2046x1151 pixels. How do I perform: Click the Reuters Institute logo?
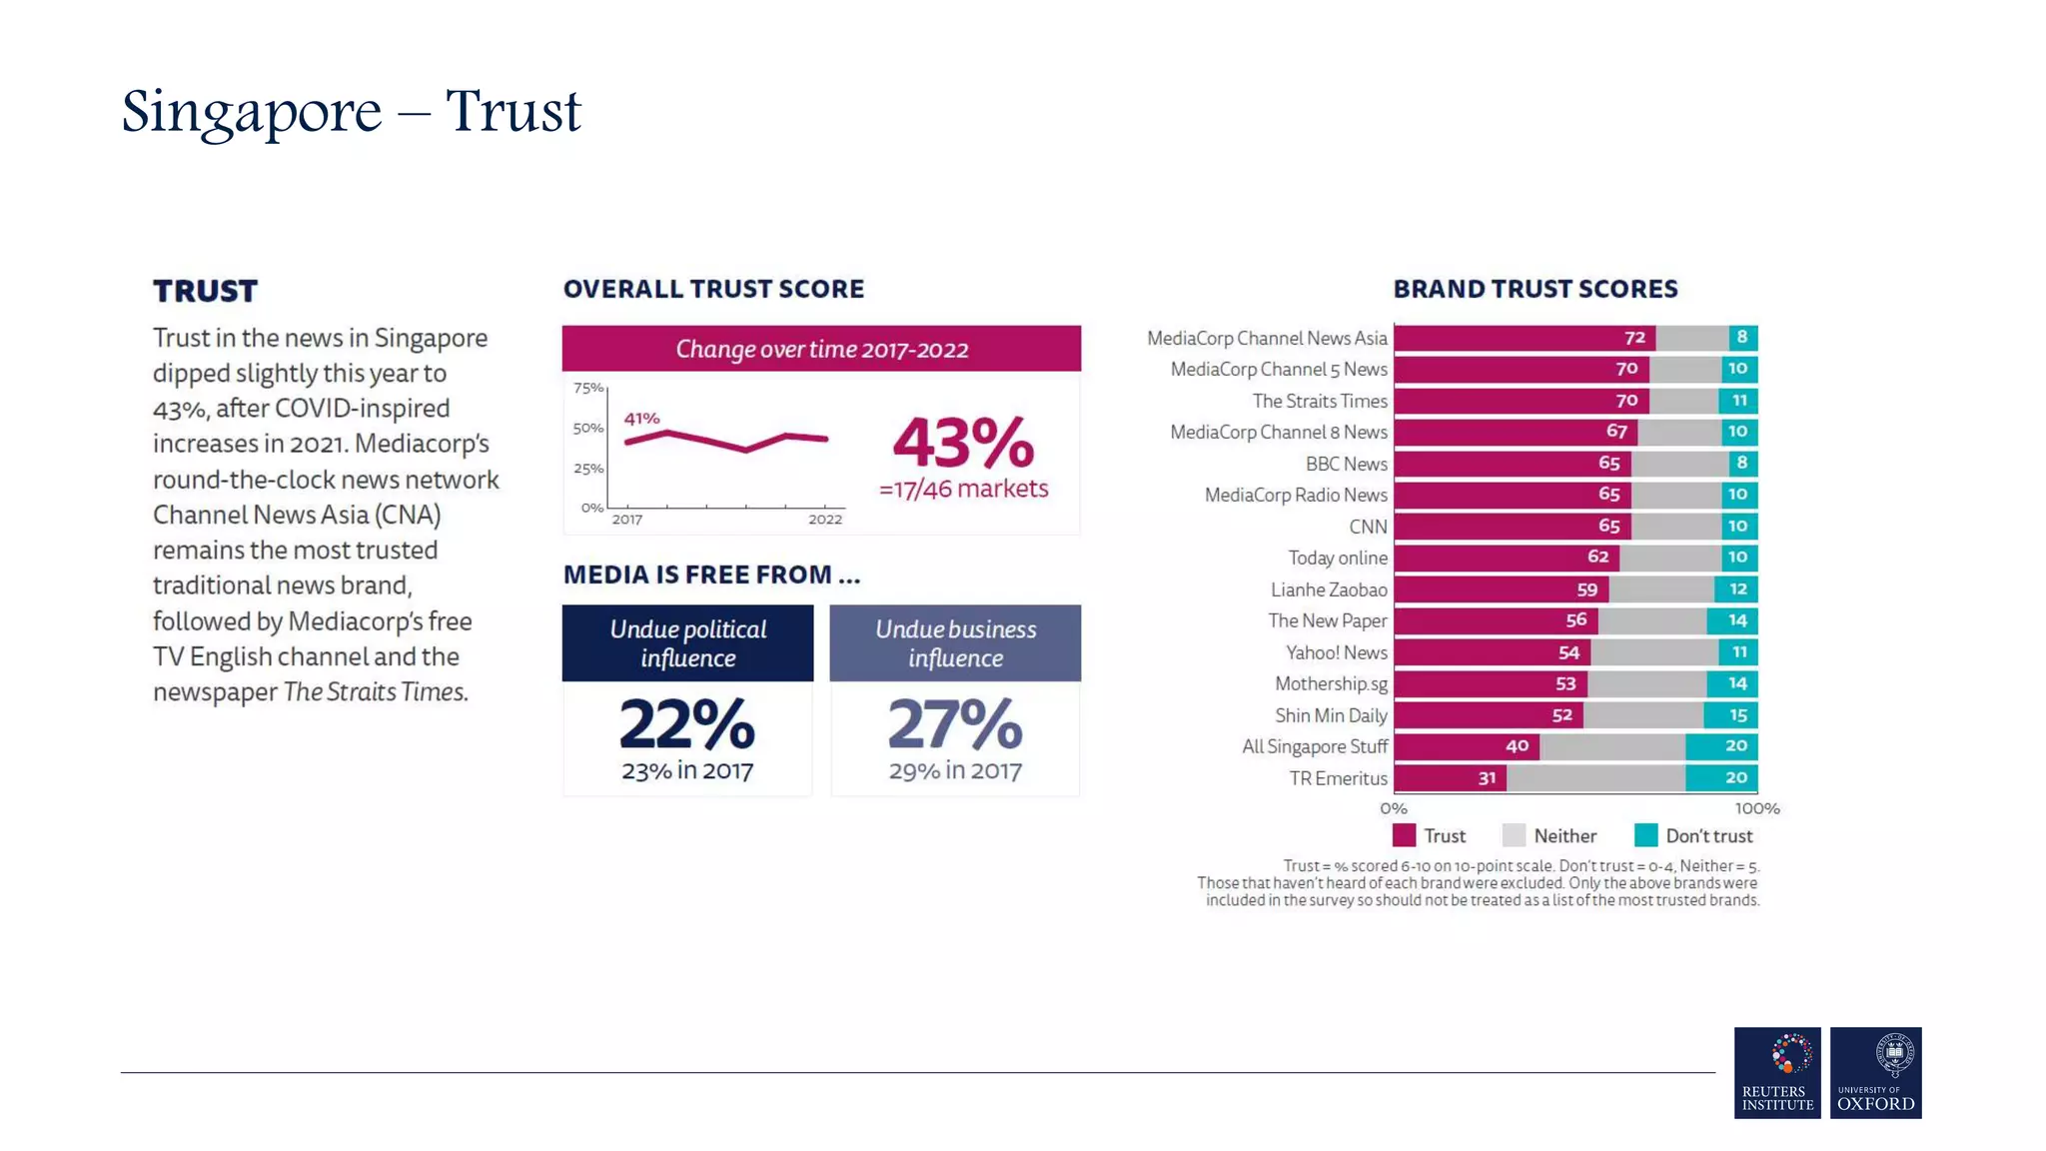[1776, 1072]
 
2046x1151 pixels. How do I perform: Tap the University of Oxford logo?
[1875, 1072]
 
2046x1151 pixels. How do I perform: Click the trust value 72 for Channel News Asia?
[1634, 338]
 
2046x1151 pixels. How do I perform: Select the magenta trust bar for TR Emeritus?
[1449, 777]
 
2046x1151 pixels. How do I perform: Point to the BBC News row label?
[1346, 464]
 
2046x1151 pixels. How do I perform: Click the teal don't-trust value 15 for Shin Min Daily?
[1737, 715]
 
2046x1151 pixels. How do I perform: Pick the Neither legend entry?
[1549, 835]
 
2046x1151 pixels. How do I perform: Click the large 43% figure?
[962, 443]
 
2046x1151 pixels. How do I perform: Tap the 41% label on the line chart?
[641, 418]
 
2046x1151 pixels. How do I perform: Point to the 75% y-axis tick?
[587, 388]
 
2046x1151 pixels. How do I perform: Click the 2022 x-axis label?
[824, 520]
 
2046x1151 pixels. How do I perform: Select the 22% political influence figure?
[687, 724]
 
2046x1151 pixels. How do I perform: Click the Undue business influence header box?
[955, 643]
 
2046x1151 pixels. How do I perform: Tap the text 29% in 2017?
[955, 770]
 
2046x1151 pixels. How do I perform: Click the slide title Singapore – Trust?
[351, 110]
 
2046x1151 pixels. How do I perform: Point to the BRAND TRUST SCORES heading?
[1534, 289]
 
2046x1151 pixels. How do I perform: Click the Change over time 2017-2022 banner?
[821, 349]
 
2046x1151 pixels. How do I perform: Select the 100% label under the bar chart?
[1756, 808]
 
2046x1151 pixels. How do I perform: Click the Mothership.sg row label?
[1331, 683]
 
